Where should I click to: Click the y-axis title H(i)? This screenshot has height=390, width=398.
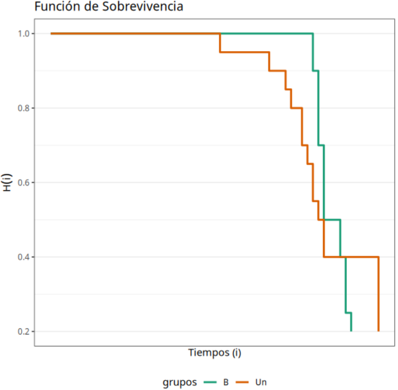click(7, 182)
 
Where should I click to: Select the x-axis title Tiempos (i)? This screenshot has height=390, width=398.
click(215, 352)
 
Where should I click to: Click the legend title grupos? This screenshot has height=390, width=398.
click(180, 382)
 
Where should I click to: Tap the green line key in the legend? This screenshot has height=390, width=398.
click(213, 382)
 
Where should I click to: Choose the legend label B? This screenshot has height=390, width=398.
click(226, 382)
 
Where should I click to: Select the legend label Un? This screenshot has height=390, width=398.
click(260, 382)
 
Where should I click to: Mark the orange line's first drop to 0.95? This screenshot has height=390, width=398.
click(220, 43)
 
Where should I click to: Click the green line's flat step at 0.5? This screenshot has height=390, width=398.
click(332, 220)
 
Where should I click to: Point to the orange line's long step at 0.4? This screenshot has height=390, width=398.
click(350, 257)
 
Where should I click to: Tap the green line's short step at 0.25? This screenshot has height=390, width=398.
click(348, 313)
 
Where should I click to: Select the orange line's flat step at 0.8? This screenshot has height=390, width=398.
click(296, 108)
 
